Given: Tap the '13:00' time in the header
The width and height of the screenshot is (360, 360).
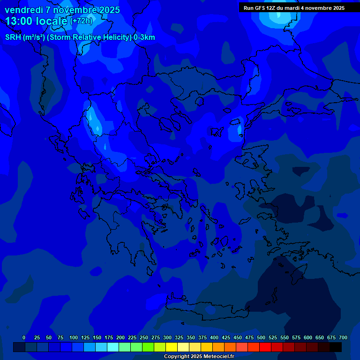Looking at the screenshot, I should click(19, 21).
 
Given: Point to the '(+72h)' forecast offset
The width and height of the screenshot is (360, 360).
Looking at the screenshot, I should click(81, 21).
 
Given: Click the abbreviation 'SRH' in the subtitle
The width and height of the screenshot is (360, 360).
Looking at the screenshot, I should click(13, 37).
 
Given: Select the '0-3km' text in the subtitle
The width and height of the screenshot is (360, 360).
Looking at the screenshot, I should click(144, 37).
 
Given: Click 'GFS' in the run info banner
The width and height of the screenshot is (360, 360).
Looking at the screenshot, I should click(259, 8).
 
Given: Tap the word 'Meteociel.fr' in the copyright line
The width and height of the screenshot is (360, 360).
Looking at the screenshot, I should click(219, 357).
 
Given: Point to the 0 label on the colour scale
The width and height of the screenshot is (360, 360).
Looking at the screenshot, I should click(24, 337).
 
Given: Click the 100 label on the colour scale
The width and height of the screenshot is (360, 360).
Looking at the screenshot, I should click(74, 337).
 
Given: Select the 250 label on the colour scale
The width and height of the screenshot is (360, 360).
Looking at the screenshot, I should click(144, 337).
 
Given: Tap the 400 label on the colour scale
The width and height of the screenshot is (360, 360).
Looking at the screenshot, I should click(214, 337).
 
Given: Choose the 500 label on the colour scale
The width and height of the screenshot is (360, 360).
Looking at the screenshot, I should click(261, 337).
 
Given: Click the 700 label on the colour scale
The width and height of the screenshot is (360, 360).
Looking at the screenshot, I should click(343, 337).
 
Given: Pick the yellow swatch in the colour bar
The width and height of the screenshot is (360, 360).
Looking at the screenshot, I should click(172, 347).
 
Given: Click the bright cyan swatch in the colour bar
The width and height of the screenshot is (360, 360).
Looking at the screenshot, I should click(113, 347).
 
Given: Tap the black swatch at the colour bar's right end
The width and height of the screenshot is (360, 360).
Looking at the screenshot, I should click(336, 347).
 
